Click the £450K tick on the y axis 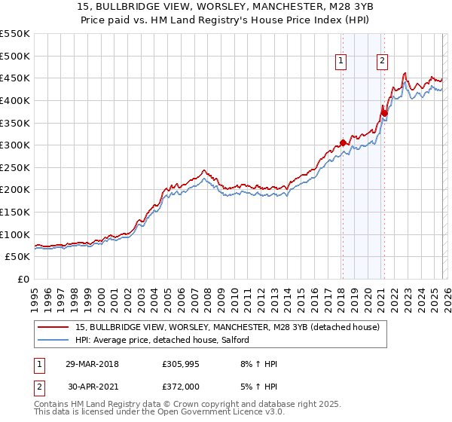pos(14,78)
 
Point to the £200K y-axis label pos(14,190)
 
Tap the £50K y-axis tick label pos(17,257)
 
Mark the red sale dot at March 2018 pos(343,142)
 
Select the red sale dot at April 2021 pos(383,113)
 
